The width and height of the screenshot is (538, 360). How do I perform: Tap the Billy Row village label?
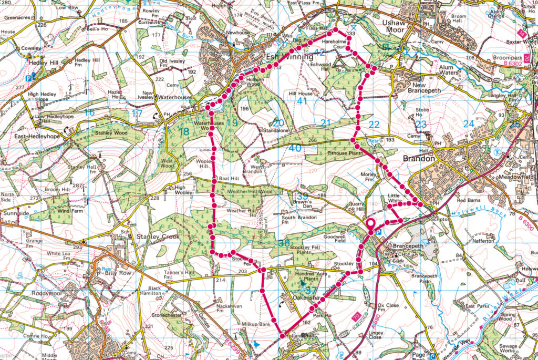[112, 265]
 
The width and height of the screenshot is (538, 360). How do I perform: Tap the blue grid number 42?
[319, 52]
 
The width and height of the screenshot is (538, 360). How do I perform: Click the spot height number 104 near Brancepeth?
[374, 263]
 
